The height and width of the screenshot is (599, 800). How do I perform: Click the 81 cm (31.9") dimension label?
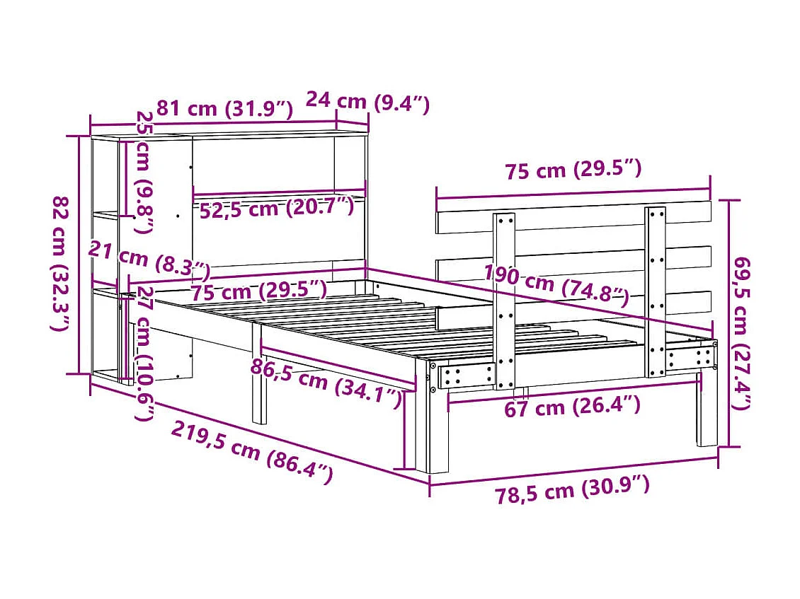click(x=224, y=108)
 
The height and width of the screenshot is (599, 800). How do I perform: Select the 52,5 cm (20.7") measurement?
click(x=276, y=209)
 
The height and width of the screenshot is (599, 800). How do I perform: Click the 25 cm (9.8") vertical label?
click(x=144, y=172)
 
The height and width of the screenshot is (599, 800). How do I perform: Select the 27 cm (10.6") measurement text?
click(x=144, y=354)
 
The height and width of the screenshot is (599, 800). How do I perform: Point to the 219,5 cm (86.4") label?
click(x=252, y=450)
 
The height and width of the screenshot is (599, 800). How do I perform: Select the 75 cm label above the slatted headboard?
click(x=573, y=170)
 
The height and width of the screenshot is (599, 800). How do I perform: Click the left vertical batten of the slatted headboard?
click(x=504, y=301)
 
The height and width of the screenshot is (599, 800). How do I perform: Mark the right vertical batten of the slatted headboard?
click(x=655, y=290)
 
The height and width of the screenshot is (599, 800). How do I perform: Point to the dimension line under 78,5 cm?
click(x=573, y=471)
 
